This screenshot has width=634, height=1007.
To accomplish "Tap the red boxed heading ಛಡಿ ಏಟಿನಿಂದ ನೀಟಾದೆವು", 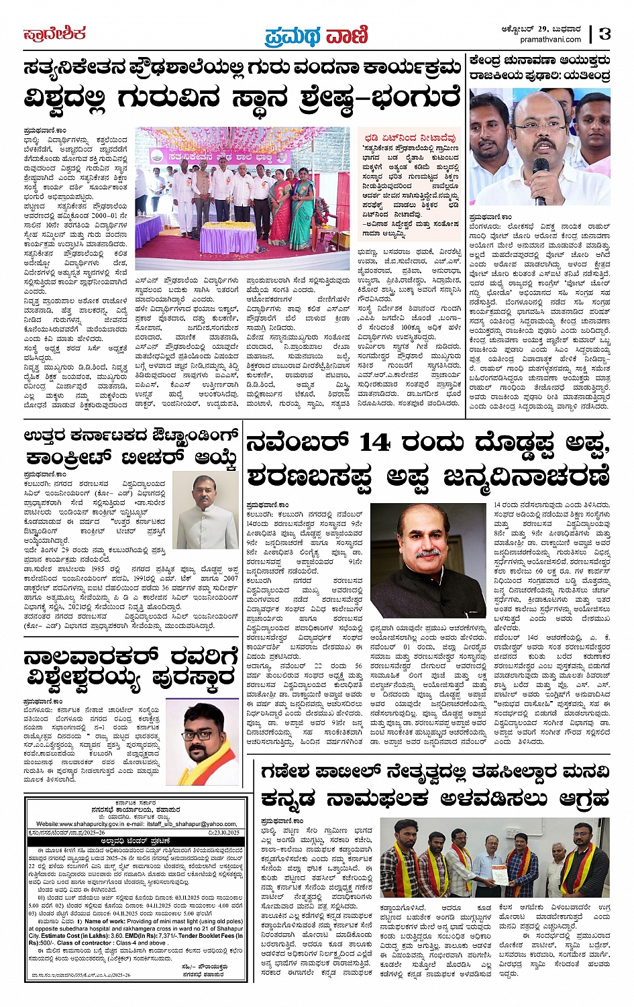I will pos(411,138).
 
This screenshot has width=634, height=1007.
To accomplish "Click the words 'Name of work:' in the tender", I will pos(106,921).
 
